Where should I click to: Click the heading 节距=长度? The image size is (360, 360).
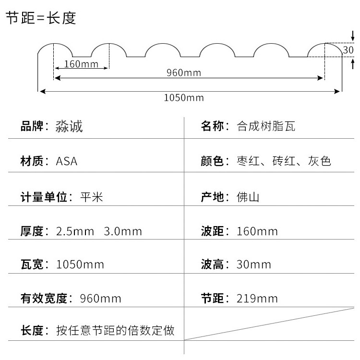tap(41, 18)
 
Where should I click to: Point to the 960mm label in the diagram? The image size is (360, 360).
tap(184, 73)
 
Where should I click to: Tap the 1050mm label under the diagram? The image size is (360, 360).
tap(184, 98)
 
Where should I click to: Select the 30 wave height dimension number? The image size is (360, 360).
tap(348, 49)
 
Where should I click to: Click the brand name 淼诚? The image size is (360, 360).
tap(70, 127)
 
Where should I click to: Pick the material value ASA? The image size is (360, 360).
tap(67, 161)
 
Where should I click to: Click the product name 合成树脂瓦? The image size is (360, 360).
tap(266, 127)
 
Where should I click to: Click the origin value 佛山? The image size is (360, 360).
tap(248, 197)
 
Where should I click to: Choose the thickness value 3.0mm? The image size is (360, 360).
tap(123, 231)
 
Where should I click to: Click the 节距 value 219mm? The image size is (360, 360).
tap(257, 299)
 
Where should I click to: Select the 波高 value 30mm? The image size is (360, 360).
tap(254, 264)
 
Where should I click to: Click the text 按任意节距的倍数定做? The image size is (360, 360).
tap(115, 331)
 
